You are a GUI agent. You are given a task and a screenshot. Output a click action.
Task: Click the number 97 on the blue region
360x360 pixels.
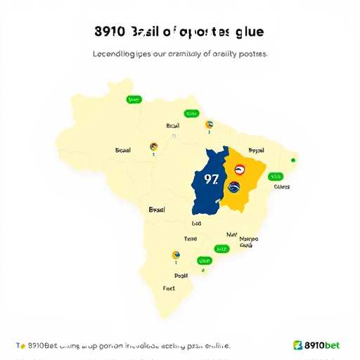click(x=210, y=179)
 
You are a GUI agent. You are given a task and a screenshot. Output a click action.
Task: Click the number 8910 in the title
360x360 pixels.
click(x=109, y=32)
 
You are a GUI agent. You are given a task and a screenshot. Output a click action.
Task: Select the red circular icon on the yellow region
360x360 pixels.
click(x=240, y=169)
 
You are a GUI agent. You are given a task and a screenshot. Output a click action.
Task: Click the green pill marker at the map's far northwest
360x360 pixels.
click(x=133, y=100)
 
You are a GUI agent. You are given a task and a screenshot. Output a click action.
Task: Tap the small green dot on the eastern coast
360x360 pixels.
click(x=293, y=160)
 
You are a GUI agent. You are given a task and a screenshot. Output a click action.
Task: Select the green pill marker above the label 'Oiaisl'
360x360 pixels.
click(x=276, y=176)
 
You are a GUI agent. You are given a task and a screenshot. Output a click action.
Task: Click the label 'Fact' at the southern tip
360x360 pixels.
click(x=169, y=288)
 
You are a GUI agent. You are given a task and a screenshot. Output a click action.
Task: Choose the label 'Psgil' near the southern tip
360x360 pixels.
click(x=181, y=276)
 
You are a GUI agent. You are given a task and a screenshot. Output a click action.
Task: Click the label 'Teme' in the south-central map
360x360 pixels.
click(x=191, y=239)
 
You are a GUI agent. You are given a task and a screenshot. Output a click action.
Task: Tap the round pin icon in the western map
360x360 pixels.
click(x=153, y=146)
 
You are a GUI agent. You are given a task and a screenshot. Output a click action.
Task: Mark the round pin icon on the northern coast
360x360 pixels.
click(x=209, y=125)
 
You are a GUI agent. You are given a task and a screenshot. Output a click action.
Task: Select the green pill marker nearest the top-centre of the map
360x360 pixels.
click(x=191, y=113)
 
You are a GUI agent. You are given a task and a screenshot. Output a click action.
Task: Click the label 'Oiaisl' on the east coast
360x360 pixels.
click(x=281, y=187)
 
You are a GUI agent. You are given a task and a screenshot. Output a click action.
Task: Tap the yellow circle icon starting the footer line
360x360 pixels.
click(x=22, y=345)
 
